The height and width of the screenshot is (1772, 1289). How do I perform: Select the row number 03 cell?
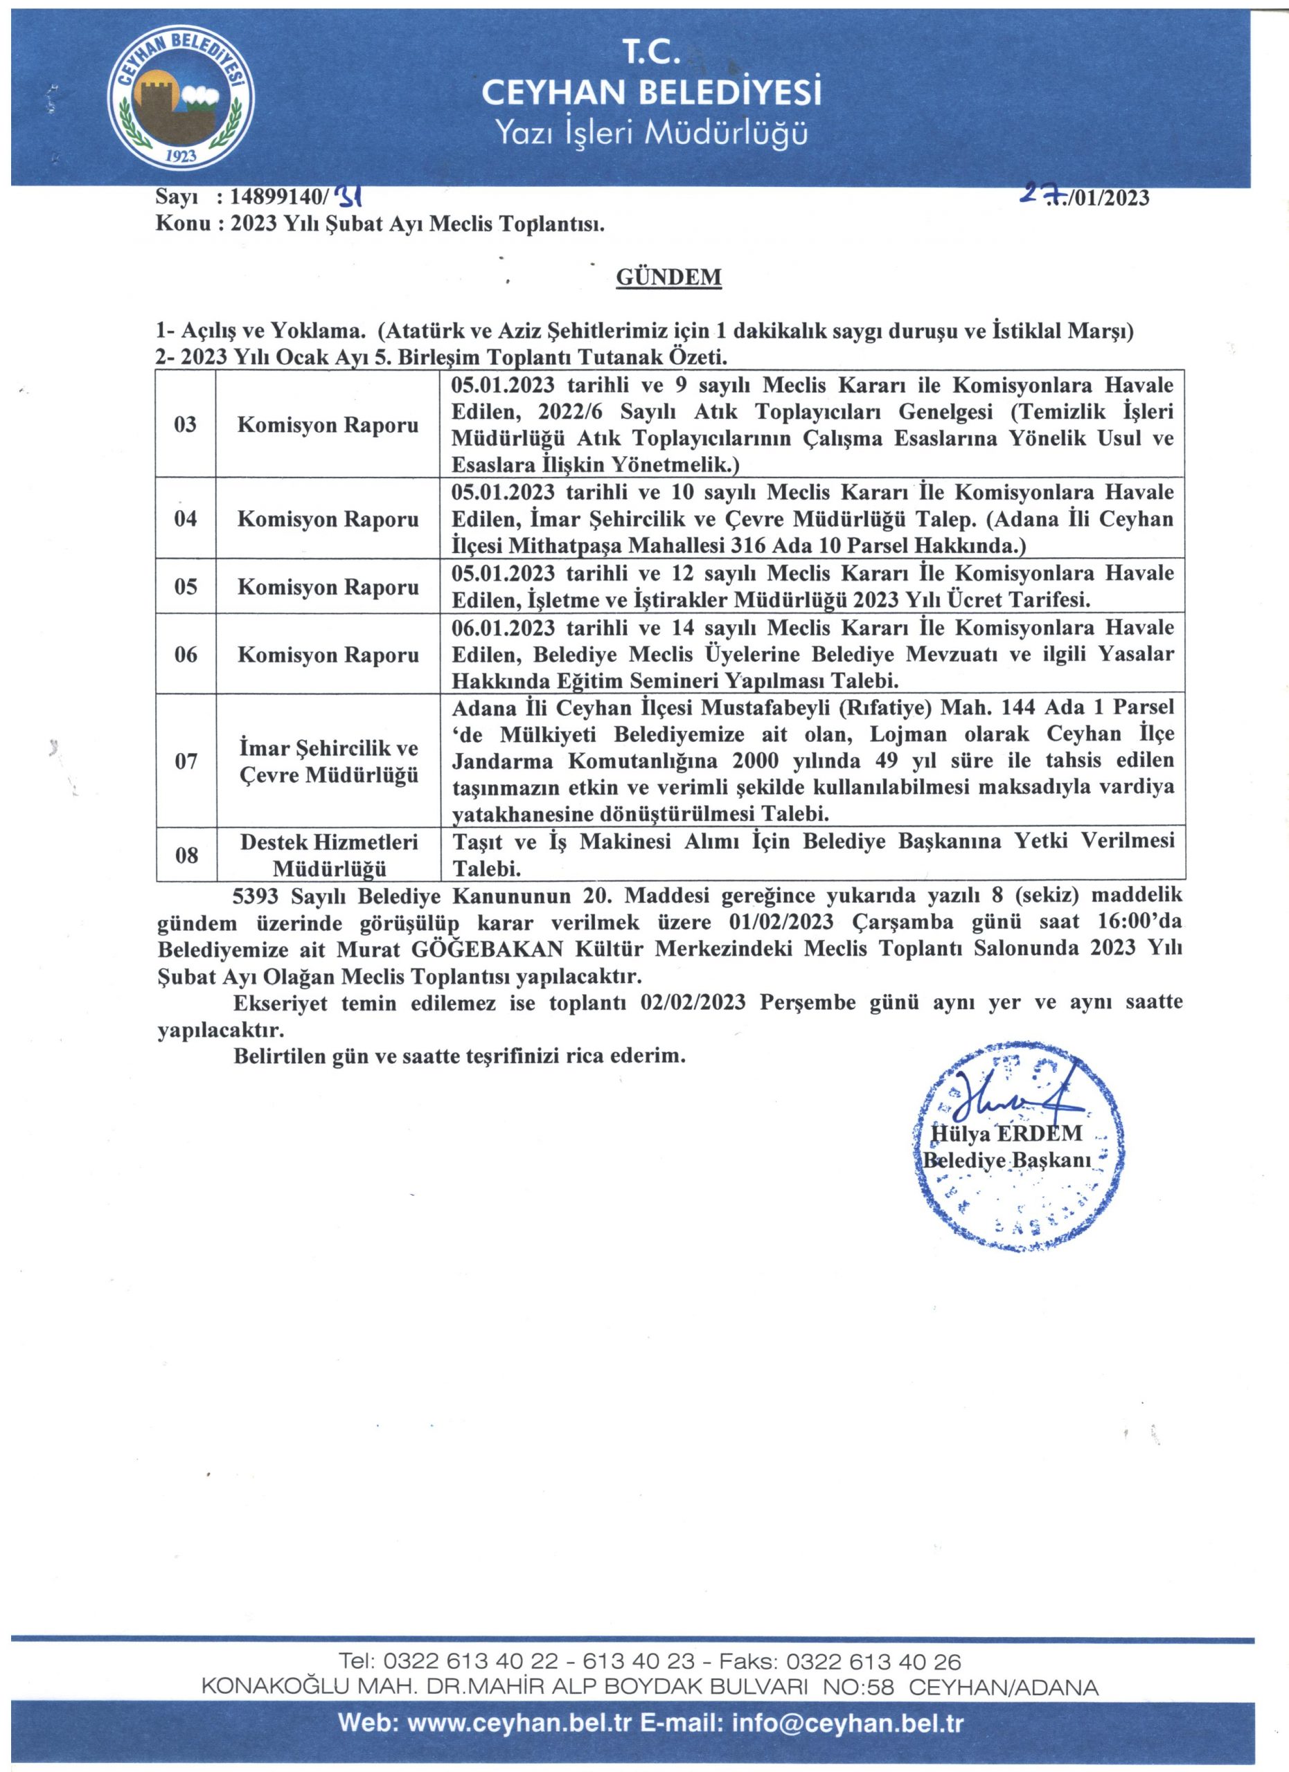[x=185, y=425]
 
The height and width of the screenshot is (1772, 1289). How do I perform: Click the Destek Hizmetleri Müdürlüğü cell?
[x=328, y=855]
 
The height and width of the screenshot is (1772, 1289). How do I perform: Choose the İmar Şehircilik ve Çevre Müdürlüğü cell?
[x=328, y=761]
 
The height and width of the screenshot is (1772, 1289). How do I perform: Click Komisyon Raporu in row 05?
[x=328, y=587]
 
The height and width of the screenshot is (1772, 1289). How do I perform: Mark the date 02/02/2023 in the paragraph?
[x=693, y=1003]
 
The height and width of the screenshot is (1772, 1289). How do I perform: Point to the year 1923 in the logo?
[x=182, y=156]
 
